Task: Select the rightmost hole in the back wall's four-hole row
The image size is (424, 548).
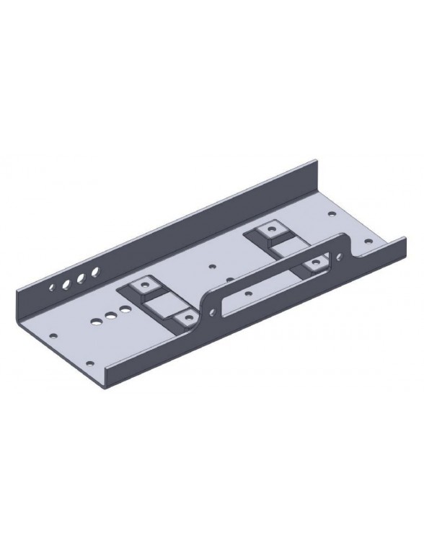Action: click(94, 272)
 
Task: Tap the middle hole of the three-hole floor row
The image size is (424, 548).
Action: click(110, 315)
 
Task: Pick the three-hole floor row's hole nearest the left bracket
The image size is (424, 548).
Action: click(125, 309)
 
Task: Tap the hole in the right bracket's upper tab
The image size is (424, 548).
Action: click(271, 231)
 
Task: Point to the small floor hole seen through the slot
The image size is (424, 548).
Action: click(247, 294)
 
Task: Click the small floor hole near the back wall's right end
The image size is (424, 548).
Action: click(331, 213)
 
